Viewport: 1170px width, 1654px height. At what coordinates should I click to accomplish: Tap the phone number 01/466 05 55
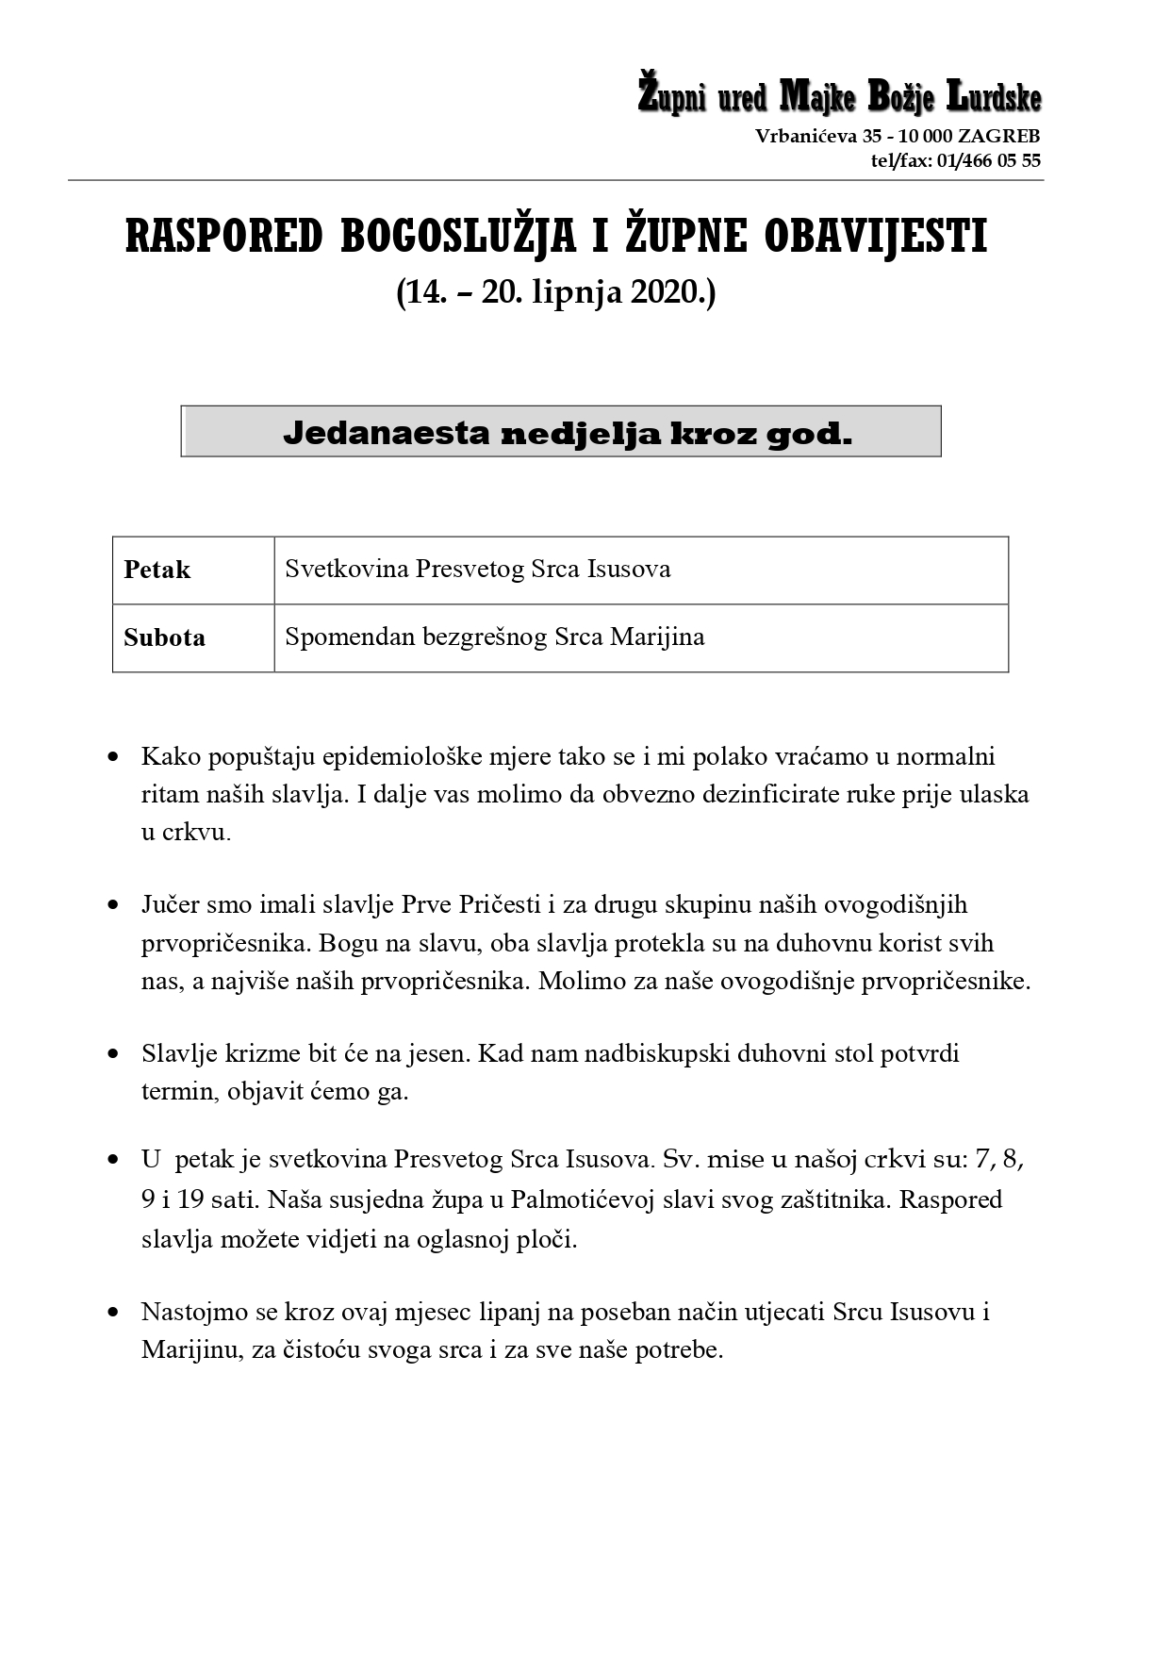click(x=987, y=160)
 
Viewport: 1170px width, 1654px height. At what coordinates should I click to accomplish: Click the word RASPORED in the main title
click(x=224, y=238)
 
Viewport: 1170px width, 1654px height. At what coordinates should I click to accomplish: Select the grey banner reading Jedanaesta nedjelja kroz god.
click(x=561, y=432)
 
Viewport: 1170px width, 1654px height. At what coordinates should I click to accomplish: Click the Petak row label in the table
click(x=157, y=571)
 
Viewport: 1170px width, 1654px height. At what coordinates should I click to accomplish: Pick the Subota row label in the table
click(x=164, y=637)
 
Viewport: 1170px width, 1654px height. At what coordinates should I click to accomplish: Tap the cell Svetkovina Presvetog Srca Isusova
click(x=478, y=570)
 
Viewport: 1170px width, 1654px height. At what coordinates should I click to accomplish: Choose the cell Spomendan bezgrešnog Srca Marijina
click(x=494, y=637)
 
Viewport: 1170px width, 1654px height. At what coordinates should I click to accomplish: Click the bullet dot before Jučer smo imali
click(x=114, y=905)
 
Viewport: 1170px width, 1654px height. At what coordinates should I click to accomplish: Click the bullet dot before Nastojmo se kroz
click(x=114, y=1312)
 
